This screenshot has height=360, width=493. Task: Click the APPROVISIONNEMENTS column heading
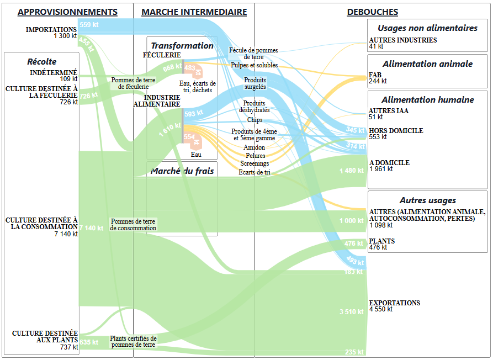tap(67, 12)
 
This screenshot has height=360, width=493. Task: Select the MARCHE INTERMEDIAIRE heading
tap(194, 12)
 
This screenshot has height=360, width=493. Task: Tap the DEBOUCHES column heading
tap(372, 12)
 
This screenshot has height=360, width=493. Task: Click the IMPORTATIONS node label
tap(51, 30)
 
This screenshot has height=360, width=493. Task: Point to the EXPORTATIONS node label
tap(394, 303)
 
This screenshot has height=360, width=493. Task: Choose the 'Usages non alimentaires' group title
tap(427, 28)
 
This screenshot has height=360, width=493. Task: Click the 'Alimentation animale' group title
tap(427, 63)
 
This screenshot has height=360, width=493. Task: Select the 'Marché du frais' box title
tap(182, 171)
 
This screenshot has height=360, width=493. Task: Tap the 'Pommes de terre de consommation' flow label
tap(133, 225)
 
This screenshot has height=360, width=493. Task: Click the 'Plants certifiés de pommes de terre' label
tap(133, 342)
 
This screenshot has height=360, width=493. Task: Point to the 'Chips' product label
tap(255, 120)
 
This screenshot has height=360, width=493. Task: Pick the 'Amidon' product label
tap(254, 147)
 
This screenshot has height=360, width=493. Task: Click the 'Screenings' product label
tap(255, 163)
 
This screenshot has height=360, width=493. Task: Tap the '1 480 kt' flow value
tap(352, 171)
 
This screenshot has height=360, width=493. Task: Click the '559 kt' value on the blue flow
tap(89, 25)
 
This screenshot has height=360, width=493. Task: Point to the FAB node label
tap(374, 75)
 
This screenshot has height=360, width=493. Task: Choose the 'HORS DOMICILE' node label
tap(396, 131)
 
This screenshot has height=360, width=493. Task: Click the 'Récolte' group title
tap(42, 62)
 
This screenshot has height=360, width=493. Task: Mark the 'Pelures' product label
tap(255, 156)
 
